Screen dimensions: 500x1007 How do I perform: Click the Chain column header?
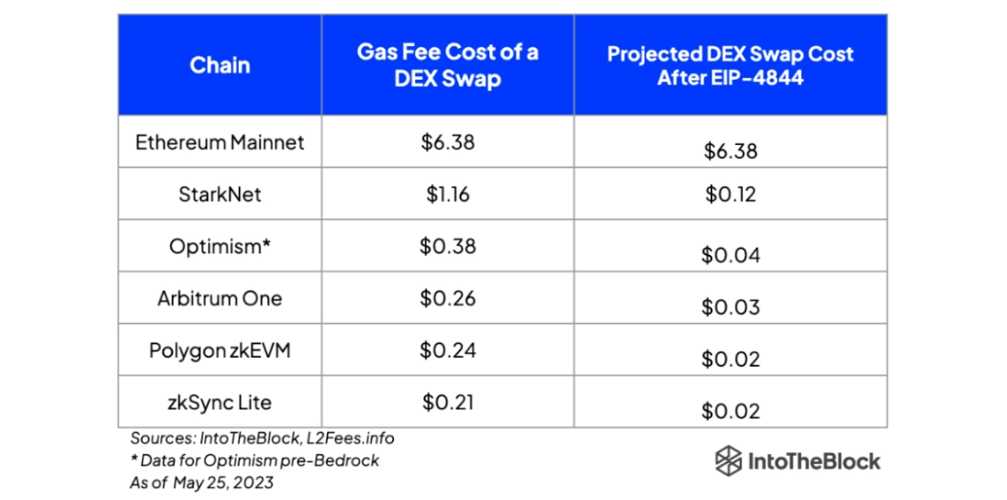[219, 65]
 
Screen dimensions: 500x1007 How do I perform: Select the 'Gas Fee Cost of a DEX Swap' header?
[447, 64]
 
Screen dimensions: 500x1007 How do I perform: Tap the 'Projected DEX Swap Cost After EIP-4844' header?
[730, 65]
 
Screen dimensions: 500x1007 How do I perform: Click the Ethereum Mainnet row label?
[219, 142]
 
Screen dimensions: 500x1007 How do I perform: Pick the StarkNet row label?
[219, 194]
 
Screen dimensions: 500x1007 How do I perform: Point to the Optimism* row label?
[219, 247]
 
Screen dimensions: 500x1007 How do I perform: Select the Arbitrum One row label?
[219, 298]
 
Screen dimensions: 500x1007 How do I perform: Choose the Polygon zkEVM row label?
[219, 350]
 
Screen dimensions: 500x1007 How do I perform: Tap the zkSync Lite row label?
[219, 402]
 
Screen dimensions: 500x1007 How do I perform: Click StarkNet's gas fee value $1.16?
[447, 194]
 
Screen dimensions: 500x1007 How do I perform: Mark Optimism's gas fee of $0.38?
[447, 247]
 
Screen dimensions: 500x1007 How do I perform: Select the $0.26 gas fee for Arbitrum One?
[447, 298]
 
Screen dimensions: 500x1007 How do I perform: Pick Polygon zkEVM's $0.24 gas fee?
[447, 350]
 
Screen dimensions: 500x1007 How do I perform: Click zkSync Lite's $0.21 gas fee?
[447, 402]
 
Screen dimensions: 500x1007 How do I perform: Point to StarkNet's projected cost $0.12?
[730, 194]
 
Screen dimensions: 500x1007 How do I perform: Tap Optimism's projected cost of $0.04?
[730, 255]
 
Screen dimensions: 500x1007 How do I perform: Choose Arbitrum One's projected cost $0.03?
[730, 306]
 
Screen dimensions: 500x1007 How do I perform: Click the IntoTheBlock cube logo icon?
[728, 461]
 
